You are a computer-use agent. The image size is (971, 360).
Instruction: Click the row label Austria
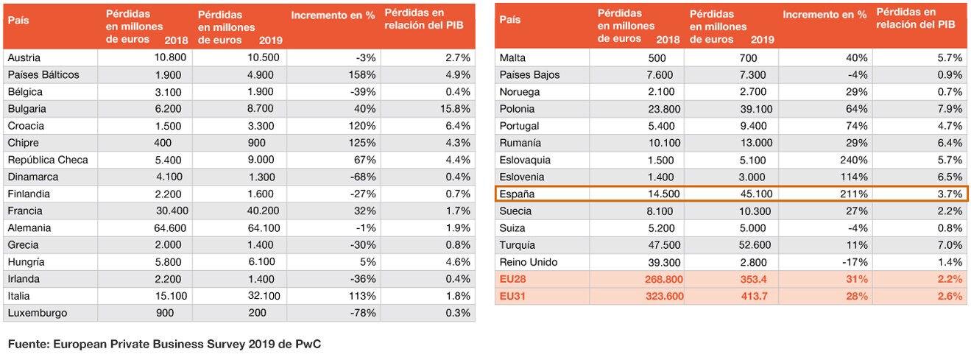[x=24, y=57]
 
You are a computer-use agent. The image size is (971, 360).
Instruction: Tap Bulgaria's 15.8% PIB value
[x=455, y=109]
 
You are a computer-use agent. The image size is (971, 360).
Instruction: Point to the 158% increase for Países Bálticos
[x=362, y=74]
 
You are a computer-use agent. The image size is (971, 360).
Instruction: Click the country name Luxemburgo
[x=38, y=313]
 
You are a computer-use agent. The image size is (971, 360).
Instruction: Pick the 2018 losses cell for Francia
[x=172, y=211]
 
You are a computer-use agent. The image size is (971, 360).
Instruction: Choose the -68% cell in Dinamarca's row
[x=363, y=177]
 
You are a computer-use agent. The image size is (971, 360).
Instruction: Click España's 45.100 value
[x=756, y=194]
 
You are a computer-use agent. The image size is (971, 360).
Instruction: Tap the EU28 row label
[x=512, y=279]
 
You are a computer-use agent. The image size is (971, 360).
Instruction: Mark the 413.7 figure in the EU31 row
[x=754, y=296]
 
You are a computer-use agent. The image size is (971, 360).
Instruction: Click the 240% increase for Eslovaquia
[x=854, y=160]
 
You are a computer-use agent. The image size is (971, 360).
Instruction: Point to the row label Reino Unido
[x=529, y=262]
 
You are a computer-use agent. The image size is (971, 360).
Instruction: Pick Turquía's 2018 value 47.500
[x=664, y=245]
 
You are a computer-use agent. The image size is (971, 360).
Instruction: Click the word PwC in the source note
[x=308, y=344]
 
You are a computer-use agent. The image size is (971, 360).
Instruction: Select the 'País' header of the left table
[x=18, y=20]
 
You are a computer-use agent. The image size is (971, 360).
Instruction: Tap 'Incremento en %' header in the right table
[x=825, y=15]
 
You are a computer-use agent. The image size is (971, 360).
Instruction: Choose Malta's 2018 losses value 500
[x=657, y=57]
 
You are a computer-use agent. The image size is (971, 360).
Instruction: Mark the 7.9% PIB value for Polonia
[x=950, y=109]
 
